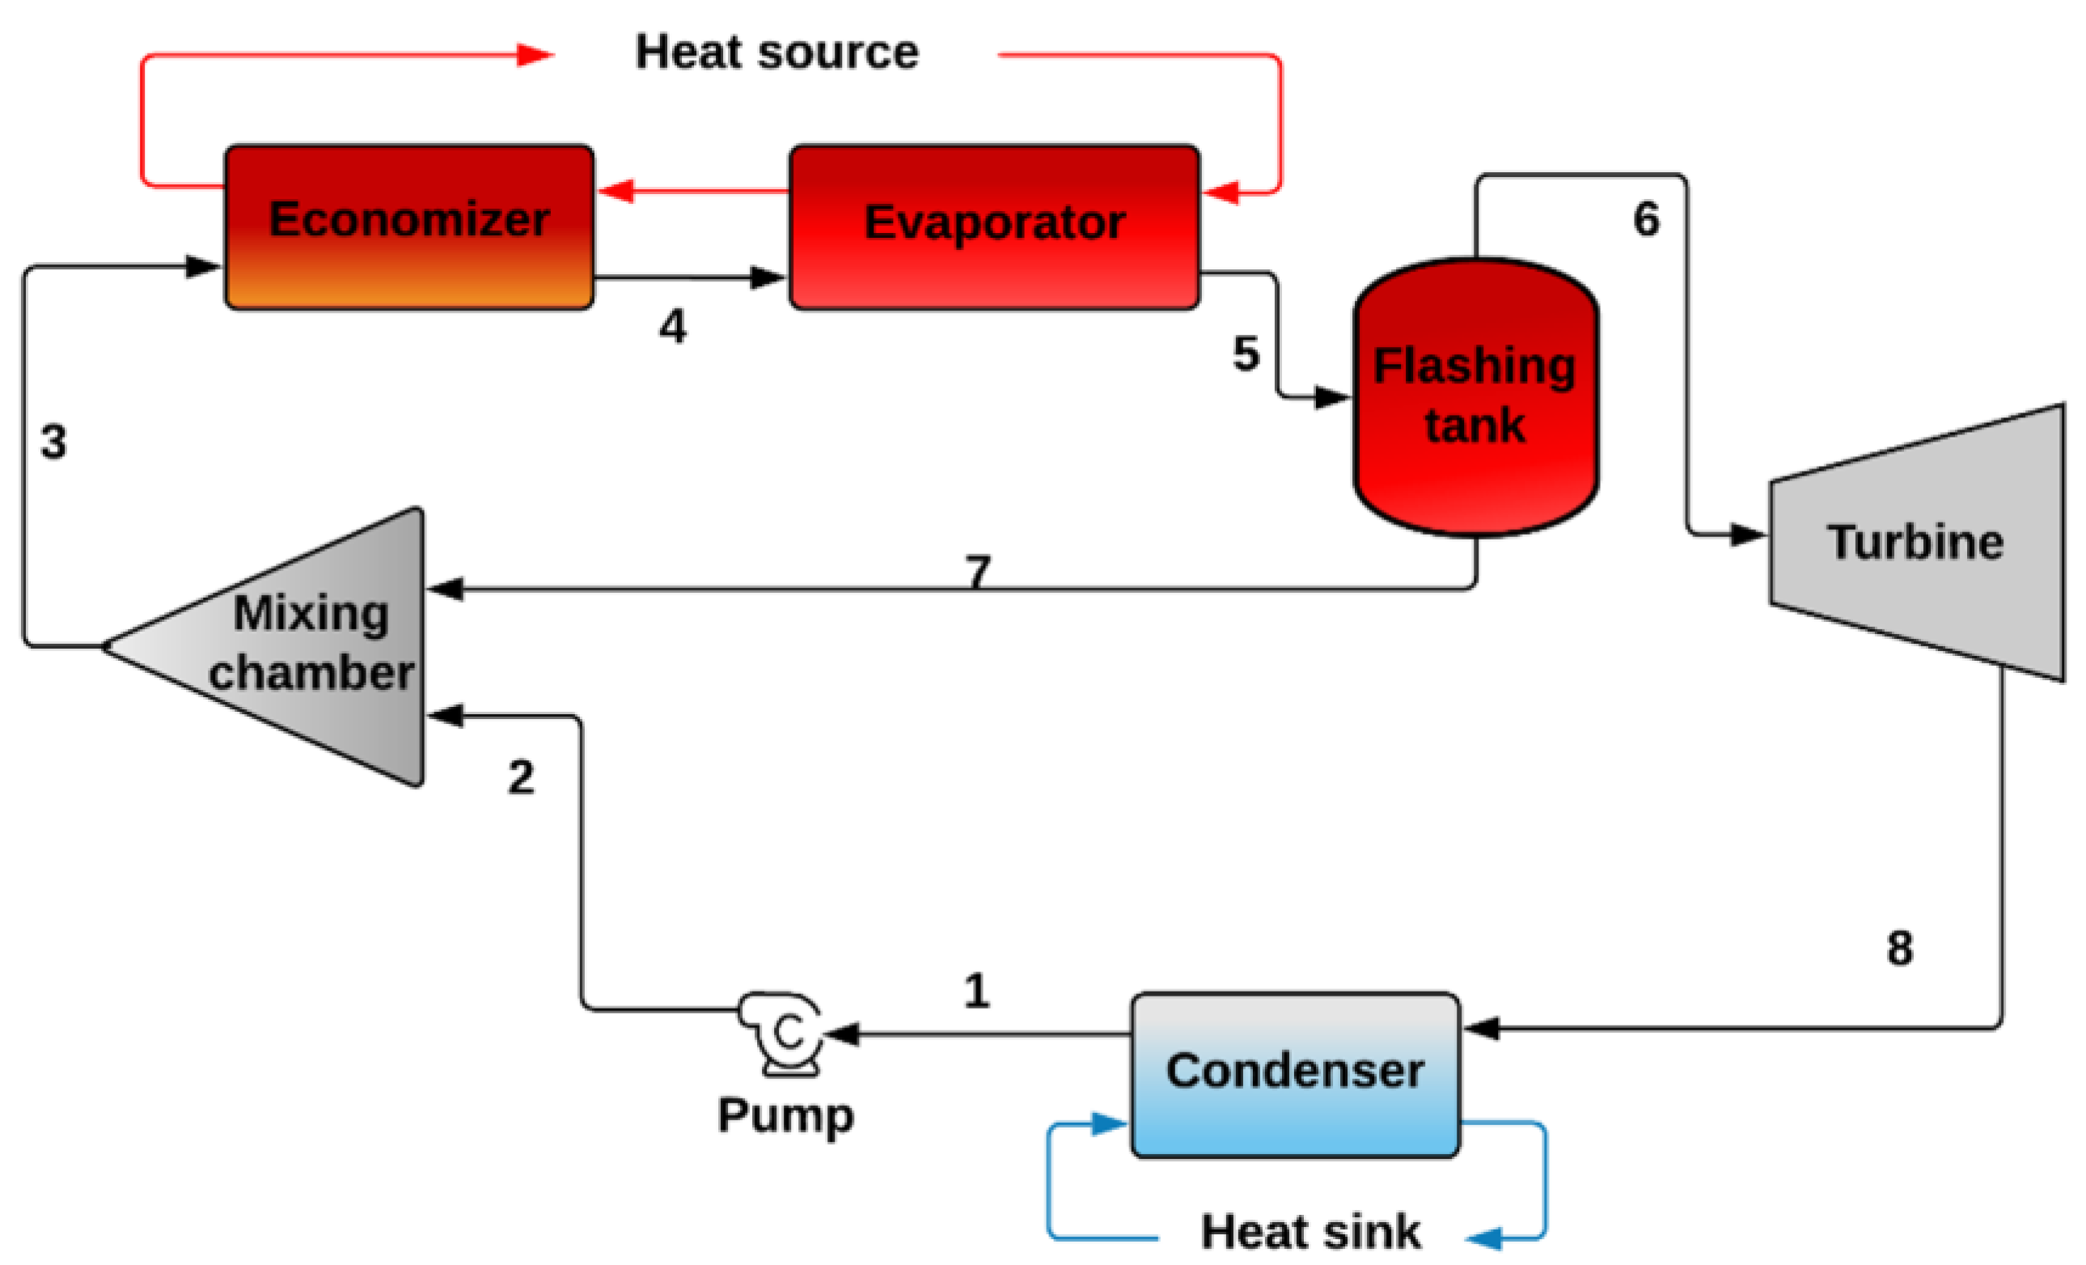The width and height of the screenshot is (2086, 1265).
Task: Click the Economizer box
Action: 409,226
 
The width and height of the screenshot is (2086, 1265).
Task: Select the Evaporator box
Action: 994,226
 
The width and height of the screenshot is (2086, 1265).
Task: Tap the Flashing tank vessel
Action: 1475,396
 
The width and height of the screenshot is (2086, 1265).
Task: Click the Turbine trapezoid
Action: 1917,542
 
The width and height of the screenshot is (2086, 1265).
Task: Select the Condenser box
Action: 1295,1073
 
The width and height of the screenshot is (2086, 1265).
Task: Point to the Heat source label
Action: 776,53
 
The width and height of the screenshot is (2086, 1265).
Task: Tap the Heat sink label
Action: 1310,1231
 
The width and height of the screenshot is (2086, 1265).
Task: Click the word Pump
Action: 785,1115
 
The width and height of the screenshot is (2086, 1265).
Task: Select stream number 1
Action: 976,991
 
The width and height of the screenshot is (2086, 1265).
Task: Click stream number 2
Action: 521,777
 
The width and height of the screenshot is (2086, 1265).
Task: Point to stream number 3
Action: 53,442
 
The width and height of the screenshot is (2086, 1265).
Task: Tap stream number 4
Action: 672,327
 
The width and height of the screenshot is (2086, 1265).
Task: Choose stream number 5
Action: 1246,353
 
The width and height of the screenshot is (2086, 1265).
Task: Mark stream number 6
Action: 1646,219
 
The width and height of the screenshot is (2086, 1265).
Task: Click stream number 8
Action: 1900,948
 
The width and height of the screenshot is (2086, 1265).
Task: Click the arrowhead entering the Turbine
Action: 1747,535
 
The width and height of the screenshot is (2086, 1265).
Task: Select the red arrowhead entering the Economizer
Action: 616,191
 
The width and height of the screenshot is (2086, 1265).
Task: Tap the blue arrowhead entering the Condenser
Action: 1109,1123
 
